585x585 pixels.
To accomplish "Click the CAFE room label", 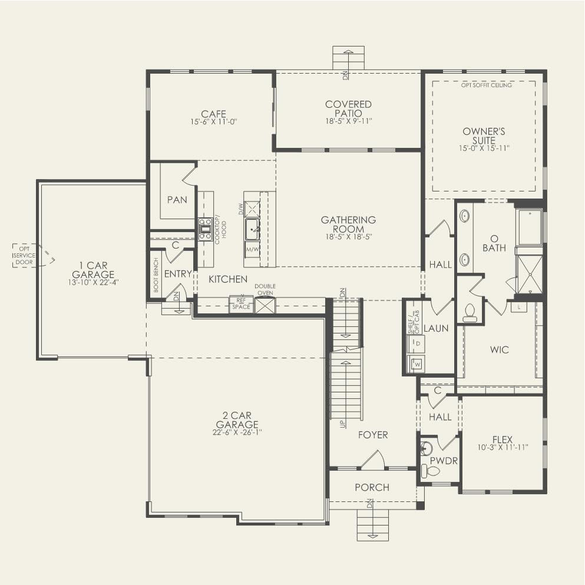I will (213, 114).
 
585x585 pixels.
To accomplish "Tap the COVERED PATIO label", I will (348, 108).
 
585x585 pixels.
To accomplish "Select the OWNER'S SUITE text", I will (484, 136).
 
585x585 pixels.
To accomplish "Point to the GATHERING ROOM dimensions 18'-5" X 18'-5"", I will (348, 237).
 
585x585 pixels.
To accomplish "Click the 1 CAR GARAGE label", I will (93, 270).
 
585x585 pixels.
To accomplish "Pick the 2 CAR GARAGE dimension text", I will (237, 432).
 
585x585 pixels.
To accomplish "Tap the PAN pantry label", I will (177, 200).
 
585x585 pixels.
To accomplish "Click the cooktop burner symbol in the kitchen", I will (205, 229).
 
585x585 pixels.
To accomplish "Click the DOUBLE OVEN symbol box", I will (265, 305).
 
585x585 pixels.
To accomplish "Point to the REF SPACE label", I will (241, 304).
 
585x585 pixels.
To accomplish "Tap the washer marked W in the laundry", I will (417, 364).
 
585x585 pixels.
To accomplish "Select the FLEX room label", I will (503, 439).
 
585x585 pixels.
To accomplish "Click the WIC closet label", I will (500, 349).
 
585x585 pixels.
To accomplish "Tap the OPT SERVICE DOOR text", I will (24, 255).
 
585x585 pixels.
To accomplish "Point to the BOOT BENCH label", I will (156, 275).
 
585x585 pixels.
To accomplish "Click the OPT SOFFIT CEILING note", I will (487, 85).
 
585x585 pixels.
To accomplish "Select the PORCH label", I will (372, 487).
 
